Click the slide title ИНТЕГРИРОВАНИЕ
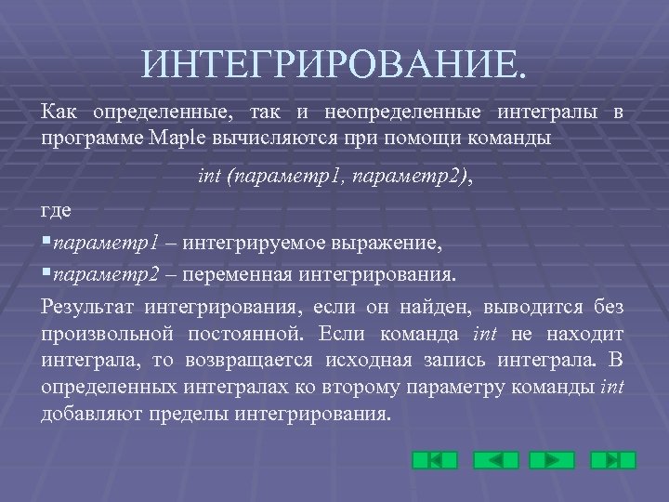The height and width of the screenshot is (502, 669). [x=334, y=64]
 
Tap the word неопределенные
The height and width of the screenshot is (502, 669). [x=402, y=113]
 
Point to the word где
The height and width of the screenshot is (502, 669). [x=57, y=211]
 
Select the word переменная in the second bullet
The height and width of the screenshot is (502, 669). [x=243, y=275]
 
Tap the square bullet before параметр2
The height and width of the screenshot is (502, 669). [x=46, y=275]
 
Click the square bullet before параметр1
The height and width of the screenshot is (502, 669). [x=46, y=244]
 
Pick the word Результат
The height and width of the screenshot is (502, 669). [x=87, y=307]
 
